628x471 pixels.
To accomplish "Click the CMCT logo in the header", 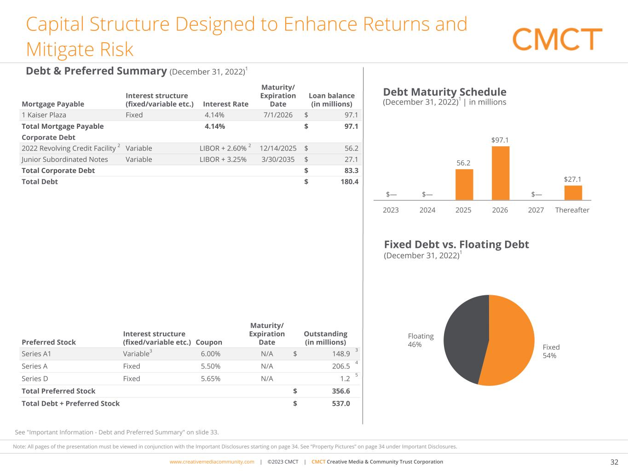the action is tap(557, 39).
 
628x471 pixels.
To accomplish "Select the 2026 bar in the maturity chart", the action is tap(501, 173).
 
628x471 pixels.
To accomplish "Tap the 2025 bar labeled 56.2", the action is tap(464, 184).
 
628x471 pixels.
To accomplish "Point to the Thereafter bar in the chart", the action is tap(573, 193).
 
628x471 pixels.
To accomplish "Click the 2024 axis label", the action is tap(427, 210).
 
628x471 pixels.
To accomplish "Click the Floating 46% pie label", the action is tap(421, 340).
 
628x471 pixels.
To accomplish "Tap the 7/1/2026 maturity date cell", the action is tap(278, 115).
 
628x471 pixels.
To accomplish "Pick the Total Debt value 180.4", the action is tap(349, 182).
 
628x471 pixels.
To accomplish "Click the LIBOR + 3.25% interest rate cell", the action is tap(223, 159).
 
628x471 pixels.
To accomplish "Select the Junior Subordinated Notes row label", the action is tap(65, 159).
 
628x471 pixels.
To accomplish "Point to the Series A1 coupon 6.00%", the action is tap(211, 354).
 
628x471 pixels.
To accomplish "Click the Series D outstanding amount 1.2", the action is tap(345, 379).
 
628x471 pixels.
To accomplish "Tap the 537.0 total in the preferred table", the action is tap(341, 403).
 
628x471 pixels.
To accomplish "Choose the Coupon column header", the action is tap(209, 342).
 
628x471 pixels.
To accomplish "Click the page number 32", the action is tap(614, 462).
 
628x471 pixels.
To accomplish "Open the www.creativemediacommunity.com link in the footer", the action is tap(212, 462).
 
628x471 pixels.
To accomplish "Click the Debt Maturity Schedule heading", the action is tap(444, 92).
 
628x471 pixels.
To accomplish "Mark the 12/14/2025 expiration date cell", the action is tap(278, 148).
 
